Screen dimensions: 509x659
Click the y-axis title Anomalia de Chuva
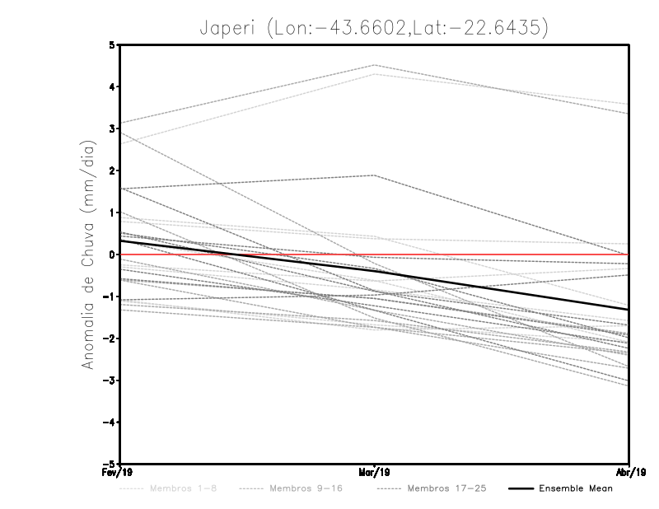coord(88,254)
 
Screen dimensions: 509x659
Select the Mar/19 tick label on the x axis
coord(375,472)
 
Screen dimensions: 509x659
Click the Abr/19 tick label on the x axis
coord(630,472)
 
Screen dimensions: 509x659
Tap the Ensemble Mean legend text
coord(575,489)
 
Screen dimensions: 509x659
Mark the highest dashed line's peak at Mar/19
coord(375,65)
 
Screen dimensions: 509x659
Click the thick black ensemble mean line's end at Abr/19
coord(629,310)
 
